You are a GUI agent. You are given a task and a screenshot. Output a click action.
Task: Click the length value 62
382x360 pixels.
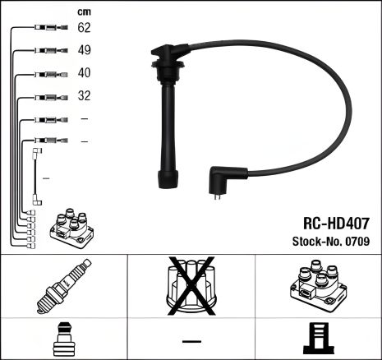[85, 28]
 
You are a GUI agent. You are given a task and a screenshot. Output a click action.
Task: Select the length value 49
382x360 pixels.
[85, 50]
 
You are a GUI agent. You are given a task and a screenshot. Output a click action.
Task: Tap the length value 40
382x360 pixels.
[85, 72]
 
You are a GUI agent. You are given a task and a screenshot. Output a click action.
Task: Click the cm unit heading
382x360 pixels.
[84, 11]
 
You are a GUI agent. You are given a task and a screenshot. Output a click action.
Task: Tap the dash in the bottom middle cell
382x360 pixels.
[191, 340]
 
